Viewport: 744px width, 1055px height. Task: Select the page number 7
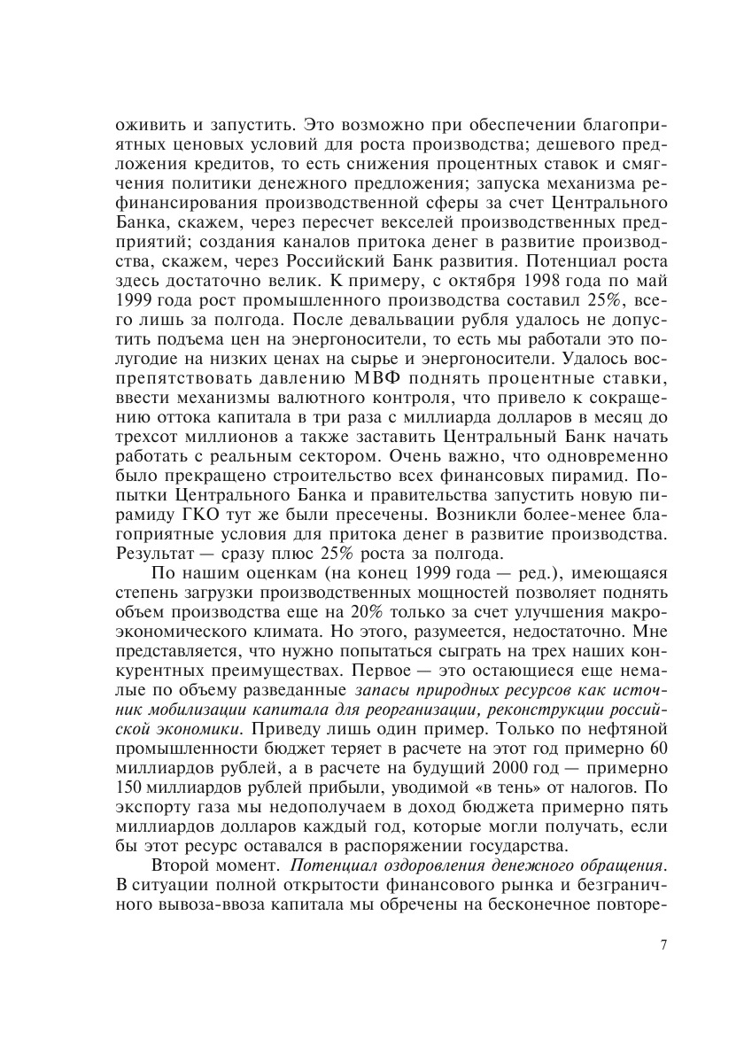click(x=663, y=944)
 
